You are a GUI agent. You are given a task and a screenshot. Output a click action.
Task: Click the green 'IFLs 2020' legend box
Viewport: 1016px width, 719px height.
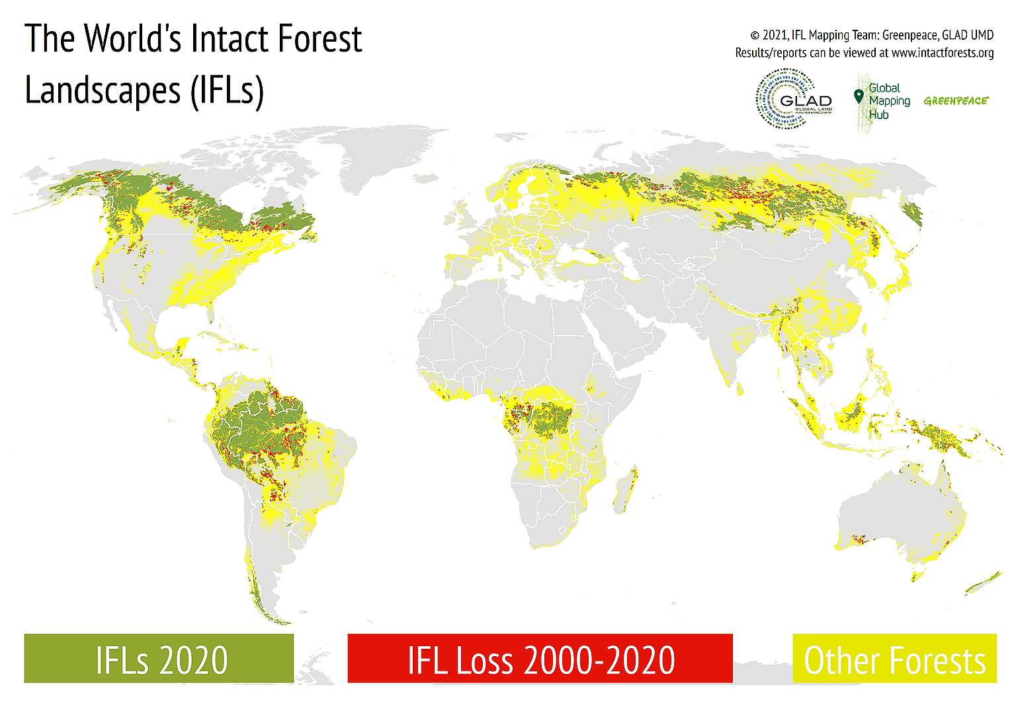(x=159, y=658)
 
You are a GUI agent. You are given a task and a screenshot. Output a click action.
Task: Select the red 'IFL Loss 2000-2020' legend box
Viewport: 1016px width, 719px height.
(x=540, y=658)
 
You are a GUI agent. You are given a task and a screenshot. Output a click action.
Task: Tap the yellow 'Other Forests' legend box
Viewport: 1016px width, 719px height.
(x=894, y=658)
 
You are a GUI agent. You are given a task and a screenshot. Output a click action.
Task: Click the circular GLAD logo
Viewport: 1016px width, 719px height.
(x=793, y=100)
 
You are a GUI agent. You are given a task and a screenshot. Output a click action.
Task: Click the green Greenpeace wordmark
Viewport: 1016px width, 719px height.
(x=956, y=101)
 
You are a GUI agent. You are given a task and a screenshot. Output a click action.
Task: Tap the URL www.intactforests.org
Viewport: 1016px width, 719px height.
(x=942, y=53)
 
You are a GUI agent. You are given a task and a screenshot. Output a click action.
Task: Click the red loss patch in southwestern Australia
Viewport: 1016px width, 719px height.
(x=860, y=539)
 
